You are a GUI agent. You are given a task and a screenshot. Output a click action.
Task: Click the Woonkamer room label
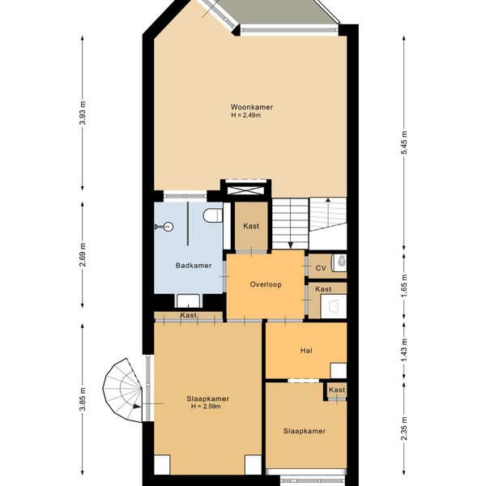click(252, 107)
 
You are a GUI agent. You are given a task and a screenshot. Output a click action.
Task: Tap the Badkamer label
click(194, 266)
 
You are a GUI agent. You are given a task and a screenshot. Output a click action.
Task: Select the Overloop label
click(266, 284)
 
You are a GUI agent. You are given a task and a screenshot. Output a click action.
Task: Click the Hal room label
click(306, 351)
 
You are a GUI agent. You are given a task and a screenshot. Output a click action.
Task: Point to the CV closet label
click(321, 268)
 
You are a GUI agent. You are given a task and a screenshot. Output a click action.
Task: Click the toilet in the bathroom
click(213, 215)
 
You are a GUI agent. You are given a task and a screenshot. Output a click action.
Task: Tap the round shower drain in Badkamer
click(168, 227)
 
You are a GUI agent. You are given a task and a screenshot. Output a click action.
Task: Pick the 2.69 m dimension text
click(83, 255)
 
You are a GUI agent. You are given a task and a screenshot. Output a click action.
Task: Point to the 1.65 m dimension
click(404, 286)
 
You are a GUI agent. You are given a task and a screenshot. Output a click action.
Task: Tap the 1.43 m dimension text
click(404, 350)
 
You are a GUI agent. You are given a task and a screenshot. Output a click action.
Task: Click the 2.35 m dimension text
click(404, 428)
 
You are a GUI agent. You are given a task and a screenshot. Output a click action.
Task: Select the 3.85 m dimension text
click(83, 399)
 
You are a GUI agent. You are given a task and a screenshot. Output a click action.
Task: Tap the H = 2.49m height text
click(245, 115)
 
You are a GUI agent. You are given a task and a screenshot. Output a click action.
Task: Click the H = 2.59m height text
click(206, 407)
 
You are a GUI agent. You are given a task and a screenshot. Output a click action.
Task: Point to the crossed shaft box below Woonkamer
click(246, 190)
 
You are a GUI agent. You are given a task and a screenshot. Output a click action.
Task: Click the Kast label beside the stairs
click(251, 226)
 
